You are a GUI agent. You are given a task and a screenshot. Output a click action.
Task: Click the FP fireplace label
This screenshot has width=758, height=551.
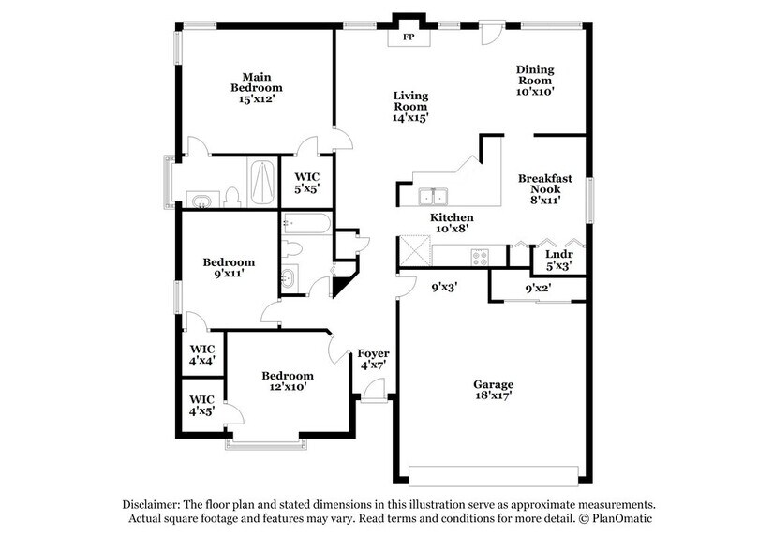point(409,38)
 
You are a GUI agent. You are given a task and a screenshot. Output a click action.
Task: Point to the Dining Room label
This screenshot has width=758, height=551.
point(535,81)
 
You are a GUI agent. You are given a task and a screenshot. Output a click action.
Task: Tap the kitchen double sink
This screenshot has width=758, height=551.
point(433,197)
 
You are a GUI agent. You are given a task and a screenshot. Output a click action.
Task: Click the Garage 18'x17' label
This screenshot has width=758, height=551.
point(492,390)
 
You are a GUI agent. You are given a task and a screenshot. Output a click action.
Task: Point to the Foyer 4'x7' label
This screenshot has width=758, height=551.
point(374,359)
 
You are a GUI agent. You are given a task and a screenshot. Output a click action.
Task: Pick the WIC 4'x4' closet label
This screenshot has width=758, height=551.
point(203,353)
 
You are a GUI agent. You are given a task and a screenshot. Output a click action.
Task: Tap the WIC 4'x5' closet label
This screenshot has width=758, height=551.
point(203,404)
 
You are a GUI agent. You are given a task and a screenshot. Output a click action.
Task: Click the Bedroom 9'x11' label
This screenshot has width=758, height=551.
point(229,269)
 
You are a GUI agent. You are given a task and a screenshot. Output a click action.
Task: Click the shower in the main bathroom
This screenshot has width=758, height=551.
point(261,183)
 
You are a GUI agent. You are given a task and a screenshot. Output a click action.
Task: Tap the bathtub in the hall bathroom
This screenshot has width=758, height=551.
point(305,224)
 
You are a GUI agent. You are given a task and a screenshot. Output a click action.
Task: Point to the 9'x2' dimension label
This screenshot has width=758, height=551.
point(537,288)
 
